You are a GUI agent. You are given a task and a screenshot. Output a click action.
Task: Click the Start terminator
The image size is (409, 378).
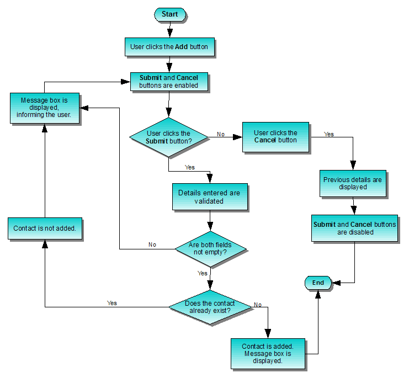pyautogui.click(x=169, y=14)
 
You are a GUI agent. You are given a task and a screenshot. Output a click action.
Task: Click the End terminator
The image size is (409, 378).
pyautogui.click(x=318, y=283)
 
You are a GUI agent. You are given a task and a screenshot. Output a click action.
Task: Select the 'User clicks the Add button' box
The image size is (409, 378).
pyautogui.click(x=169, y=47)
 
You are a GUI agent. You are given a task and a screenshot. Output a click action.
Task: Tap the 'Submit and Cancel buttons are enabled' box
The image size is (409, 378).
pyautogui.click(x=169, y=82)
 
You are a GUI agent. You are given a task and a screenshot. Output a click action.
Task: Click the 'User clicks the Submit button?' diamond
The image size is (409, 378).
pyautogui.click(x=168, y=137)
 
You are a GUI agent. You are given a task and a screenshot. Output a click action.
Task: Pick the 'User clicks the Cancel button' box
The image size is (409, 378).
pyautogui.click(x=275, y=136)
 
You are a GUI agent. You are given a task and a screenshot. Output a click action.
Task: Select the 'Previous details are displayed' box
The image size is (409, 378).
pyautogui.click(x=352, y=183)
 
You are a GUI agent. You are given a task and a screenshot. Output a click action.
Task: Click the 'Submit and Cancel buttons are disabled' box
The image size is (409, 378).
pyautogui.click(x=354, y=228)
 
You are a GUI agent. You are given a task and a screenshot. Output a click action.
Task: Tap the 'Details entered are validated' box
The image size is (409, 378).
pyautogui.click(x=209, y=197)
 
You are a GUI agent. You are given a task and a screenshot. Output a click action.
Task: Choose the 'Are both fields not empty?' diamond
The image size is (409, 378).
pyautogui.click(x=210, y=249)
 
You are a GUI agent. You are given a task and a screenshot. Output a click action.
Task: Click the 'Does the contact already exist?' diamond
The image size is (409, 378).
pyautogui.click(x=210, y=307)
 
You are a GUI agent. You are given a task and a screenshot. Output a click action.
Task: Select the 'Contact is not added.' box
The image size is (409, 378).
pyautogui.click(x=45, y=228)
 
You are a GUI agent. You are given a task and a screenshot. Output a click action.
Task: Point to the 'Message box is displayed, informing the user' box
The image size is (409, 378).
pyautogui.click(x=44, y=108)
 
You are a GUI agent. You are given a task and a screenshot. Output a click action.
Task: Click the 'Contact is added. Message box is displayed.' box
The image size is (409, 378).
pyautogui.click(x=267, y=353)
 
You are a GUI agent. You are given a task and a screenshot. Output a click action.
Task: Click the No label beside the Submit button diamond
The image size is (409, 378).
pyautogui.click(x=221, y=134)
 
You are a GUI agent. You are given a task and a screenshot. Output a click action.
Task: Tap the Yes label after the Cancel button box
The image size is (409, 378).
pyautogui.click(x=329, y=134)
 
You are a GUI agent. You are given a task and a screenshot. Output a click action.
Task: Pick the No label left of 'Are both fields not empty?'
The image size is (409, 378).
pyautogui.click(x=152, y=244)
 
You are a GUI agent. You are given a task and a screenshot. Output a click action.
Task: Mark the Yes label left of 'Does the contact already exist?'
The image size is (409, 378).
pyautogui.click(x=112, y=303)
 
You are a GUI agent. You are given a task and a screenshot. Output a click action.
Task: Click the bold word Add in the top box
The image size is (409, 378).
pyautogui.click(x=181, y=47)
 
